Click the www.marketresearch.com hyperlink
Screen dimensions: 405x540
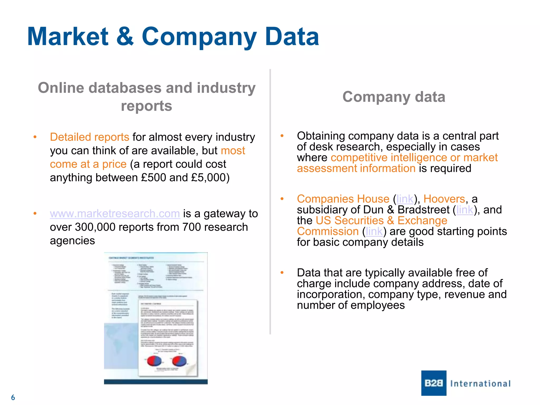[x=115, y=214]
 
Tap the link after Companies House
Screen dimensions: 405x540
[x=405, y=199]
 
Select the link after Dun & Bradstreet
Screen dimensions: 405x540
[x=465, y=210]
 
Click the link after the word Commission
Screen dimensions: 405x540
[x=374, y=232]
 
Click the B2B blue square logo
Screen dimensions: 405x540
[x=434, y=383]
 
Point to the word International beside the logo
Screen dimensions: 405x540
[x=480, y=384]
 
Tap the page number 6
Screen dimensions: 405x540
[x=13, y=397]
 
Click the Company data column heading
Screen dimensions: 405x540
[x=394, y=97]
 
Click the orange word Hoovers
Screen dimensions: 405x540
[x=444, y=199]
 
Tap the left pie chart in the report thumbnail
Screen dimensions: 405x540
[x=154, y=361]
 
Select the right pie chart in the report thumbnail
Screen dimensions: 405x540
[x=179, y=361]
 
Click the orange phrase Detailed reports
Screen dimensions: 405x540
[x=90, y=137]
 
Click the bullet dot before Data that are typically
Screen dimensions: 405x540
[x=282, y=273]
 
